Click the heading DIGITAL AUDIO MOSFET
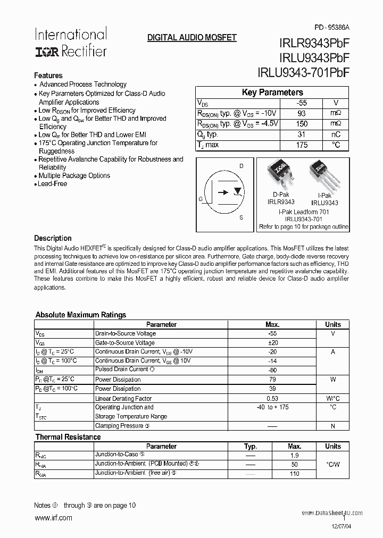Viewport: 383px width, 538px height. point(191,38)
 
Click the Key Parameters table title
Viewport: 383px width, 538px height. point(272,93)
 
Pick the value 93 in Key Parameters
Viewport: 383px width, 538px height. point(302,113)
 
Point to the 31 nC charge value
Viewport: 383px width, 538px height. point(302,134)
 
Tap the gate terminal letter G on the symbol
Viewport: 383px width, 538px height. point(201,199)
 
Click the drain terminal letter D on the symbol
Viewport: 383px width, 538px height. point(242,166)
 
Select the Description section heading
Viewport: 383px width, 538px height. point(53,238)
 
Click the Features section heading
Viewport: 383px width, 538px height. point(48,75)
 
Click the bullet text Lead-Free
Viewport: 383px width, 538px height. point(52,183)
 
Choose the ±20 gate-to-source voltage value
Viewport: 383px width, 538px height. point(272,343)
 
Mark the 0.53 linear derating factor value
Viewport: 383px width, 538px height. point(272,399)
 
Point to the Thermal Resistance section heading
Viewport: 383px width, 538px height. point(68,437)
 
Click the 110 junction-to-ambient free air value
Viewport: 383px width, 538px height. point(295,473)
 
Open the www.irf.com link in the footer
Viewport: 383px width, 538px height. point(53,518)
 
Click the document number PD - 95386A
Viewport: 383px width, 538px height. point(332,27)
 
